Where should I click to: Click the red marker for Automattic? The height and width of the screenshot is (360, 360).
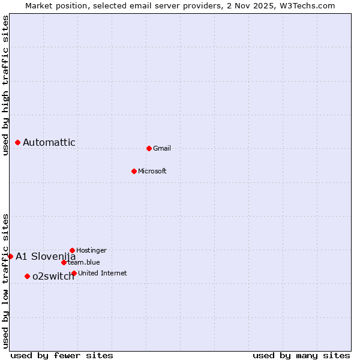pos(18,143)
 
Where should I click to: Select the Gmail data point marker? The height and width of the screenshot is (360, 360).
pos(149,148)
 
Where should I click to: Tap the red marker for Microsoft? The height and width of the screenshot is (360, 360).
pos(134,171)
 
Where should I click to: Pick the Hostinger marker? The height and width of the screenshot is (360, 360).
pos(72,250)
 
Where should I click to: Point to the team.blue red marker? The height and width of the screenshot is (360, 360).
pos(64,262)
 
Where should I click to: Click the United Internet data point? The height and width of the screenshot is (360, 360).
pos(74,274)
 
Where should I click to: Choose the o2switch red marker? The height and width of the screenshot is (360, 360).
pos(27,276)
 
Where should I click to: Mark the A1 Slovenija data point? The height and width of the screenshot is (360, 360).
pos(10,256)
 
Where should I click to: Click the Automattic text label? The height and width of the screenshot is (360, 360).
pos(49,143)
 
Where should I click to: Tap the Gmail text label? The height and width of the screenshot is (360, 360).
pos(162,149)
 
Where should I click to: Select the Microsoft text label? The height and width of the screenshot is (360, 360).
pos(152,172)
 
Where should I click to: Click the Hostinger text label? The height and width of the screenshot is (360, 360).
pos(92,250)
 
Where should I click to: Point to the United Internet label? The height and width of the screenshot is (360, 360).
pos(103,274)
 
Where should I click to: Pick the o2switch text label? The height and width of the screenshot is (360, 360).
pos(53,277)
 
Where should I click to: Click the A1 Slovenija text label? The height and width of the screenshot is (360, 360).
pos(46,257)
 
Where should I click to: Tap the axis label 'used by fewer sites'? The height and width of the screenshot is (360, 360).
pos(62,355)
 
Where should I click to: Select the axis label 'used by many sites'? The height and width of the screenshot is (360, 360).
pos(301,355)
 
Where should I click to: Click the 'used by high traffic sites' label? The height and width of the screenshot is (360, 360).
pos(6,85)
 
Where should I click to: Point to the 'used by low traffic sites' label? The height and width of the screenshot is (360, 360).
pos(6,280)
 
